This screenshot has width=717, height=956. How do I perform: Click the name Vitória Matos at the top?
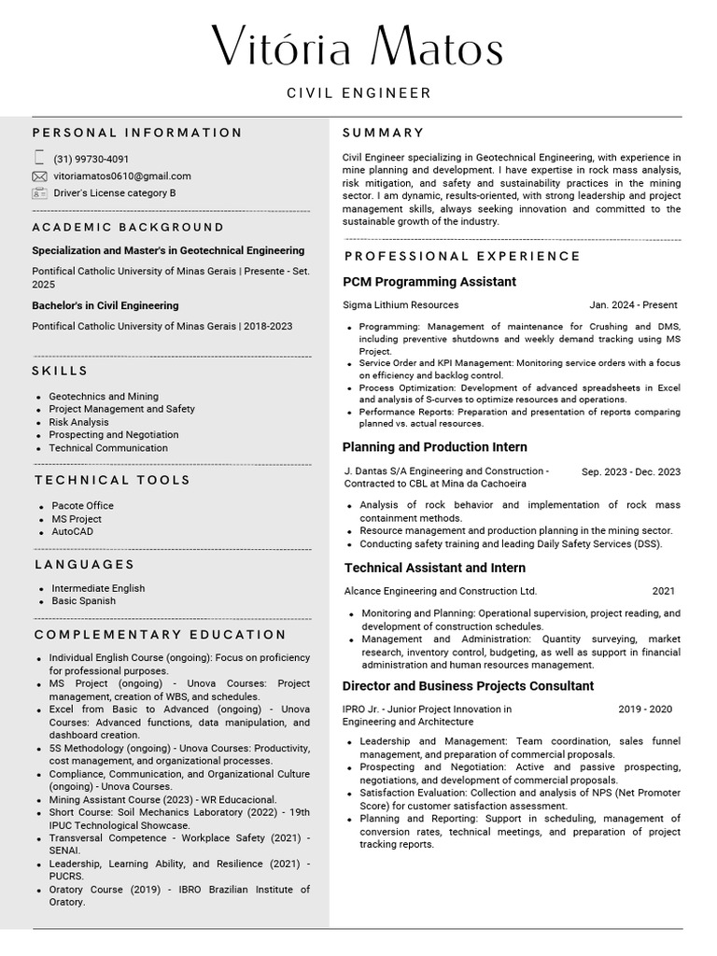pyautogui.click(x=358, y=46)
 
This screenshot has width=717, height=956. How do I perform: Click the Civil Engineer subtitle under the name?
pyautogui.click(x=358, y=93)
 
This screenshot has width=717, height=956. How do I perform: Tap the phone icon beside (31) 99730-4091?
pyautogui.click(x=39, y=158)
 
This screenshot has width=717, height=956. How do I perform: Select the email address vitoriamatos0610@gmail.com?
pyautogui.click(x=122, y=176)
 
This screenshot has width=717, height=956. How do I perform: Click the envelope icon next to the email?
pyautogui.click(x=39, y=176)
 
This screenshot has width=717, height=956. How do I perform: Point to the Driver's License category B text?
pyautogui.click(x=115, y=193)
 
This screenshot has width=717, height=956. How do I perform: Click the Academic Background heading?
pyautogui.click(x=128, y=227)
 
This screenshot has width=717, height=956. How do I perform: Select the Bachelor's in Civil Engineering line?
pyautogui.click(x=105, y=305)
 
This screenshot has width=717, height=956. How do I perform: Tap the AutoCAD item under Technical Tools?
pyautogui.click(x=73, y=531)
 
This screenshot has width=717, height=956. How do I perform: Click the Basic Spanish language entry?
pyautogui.click(x=84, y=600)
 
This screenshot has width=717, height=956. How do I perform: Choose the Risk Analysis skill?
pyautogui.click(x=78, y=422)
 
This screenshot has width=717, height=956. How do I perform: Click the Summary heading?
pyautogui.click(x=383, y=133)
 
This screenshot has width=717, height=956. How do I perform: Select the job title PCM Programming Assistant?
pyautogui.click(x=429, y=282)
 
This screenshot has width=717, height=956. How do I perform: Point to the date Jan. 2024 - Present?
pyautogui.click(x=633, y=304)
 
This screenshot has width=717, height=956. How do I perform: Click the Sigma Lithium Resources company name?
pyautogui.click(x=401, y=304)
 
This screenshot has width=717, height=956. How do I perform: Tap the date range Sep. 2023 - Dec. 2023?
pyautogui.click(x=630, y=471)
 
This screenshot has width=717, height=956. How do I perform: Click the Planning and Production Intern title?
pyautogui.click(x=435, y=447)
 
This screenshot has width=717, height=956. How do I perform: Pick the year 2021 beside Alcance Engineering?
pyautogui.click(x=663, y=591)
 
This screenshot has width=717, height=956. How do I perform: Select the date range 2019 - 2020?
pyautogui.click(x=644, y=709)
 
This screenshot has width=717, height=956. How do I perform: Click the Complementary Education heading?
pyautogui.click(x=161, y=635)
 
